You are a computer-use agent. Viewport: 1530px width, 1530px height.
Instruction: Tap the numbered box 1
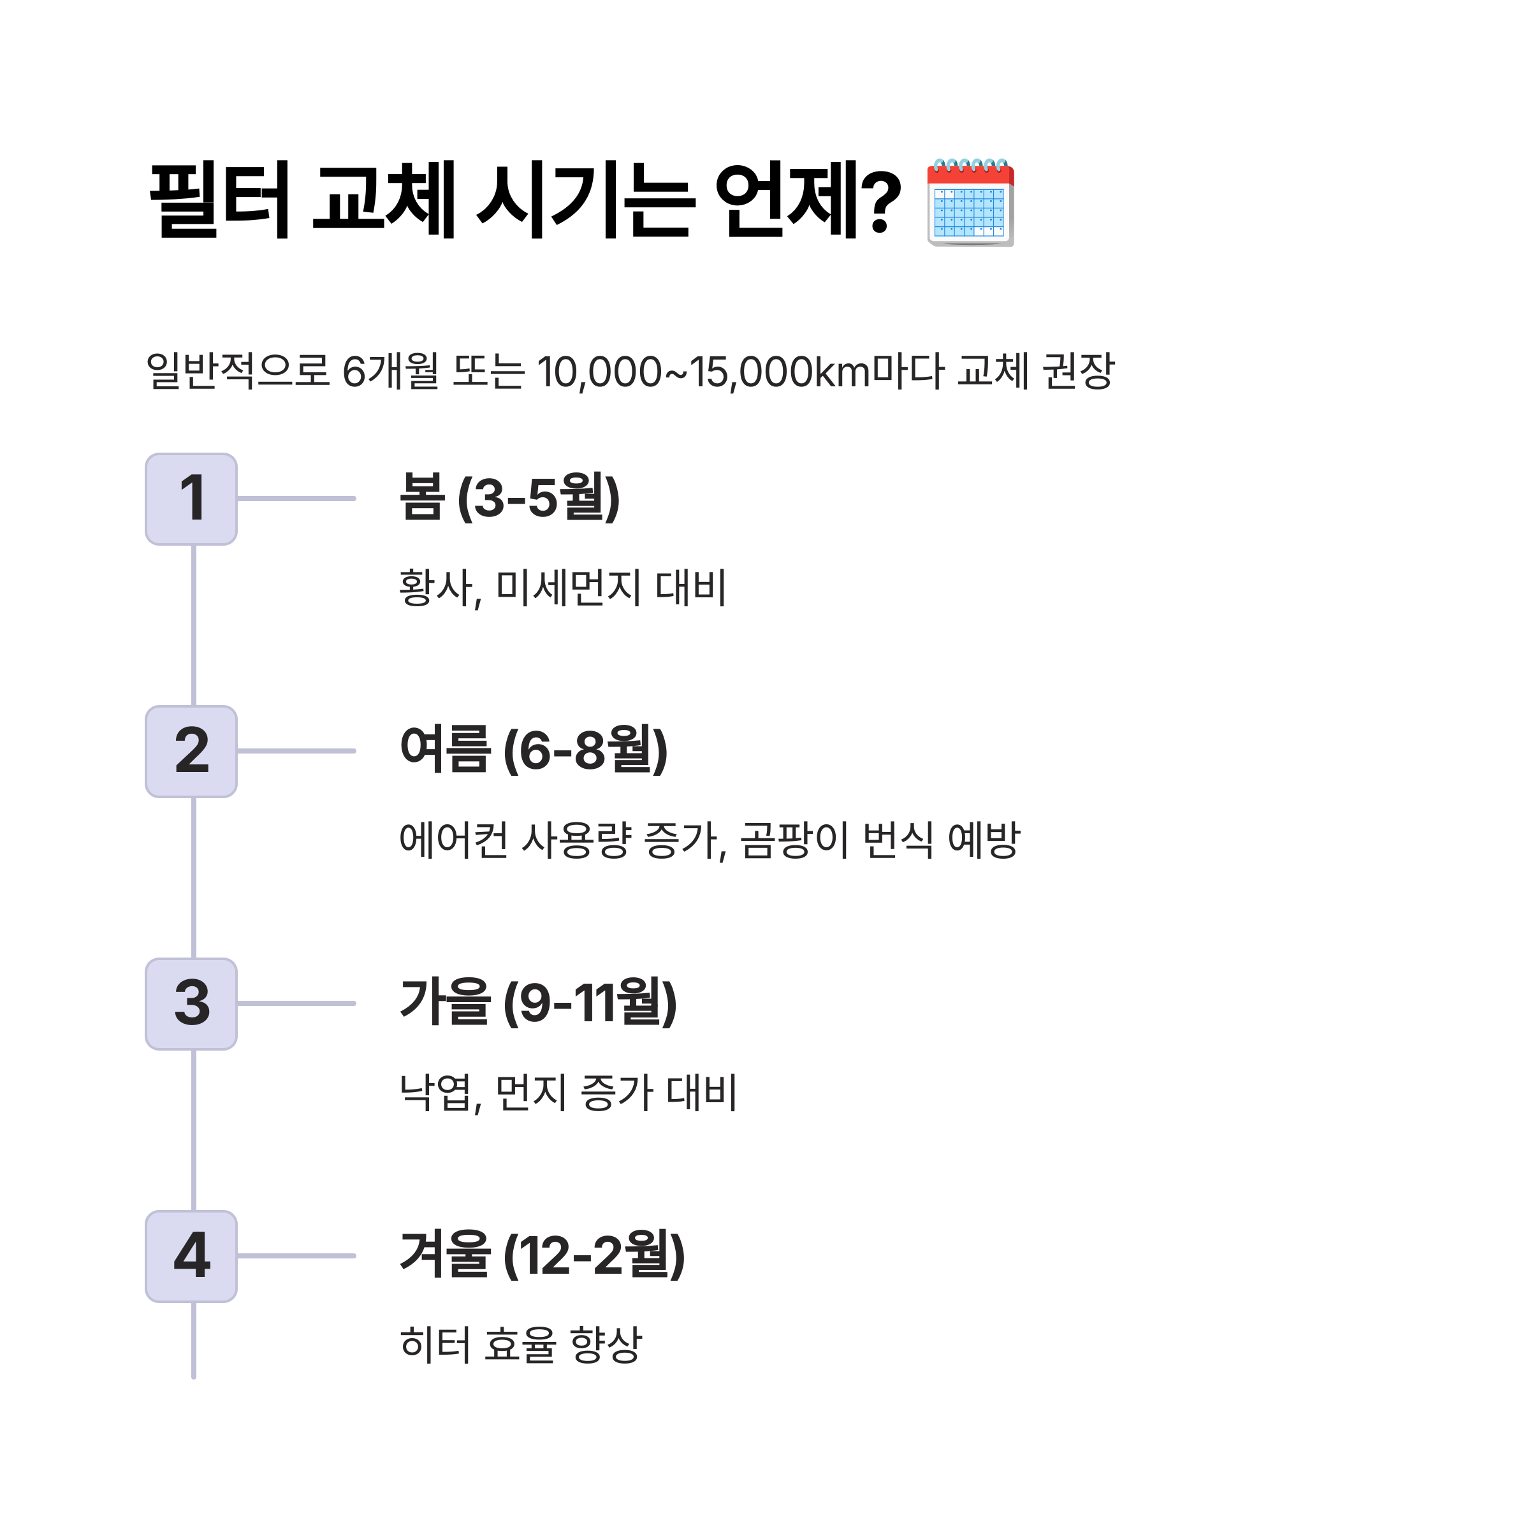coord(192,499)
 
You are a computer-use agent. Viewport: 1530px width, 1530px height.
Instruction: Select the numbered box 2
coord(192,752)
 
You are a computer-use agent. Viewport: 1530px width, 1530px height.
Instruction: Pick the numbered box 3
coord(192,1004)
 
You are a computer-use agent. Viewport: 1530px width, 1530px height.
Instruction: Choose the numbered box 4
coord(192,1257)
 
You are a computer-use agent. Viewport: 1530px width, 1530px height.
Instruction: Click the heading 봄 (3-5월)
coord(509,498)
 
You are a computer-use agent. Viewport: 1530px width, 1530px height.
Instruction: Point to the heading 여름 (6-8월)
coord(534,750)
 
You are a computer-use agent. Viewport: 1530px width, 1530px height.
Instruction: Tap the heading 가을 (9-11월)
coord(539,1003)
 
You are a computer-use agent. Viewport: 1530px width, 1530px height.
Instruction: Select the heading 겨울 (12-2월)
coord(543,1255)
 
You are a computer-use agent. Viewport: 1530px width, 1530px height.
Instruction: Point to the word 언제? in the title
coord(808,200)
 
